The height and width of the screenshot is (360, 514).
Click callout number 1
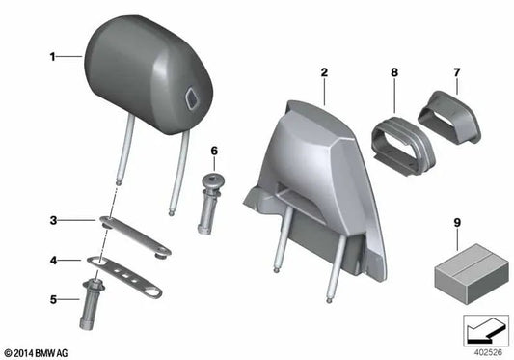pos(53,57)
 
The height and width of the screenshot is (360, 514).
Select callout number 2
pos(325,72)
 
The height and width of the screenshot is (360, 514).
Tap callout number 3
pos(54,220)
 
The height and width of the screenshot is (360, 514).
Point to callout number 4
pos(54,260)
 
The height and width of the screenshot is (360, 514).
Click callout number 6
pos(215,151)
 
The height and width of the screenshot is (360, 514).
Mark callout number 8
pos(394,72)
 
